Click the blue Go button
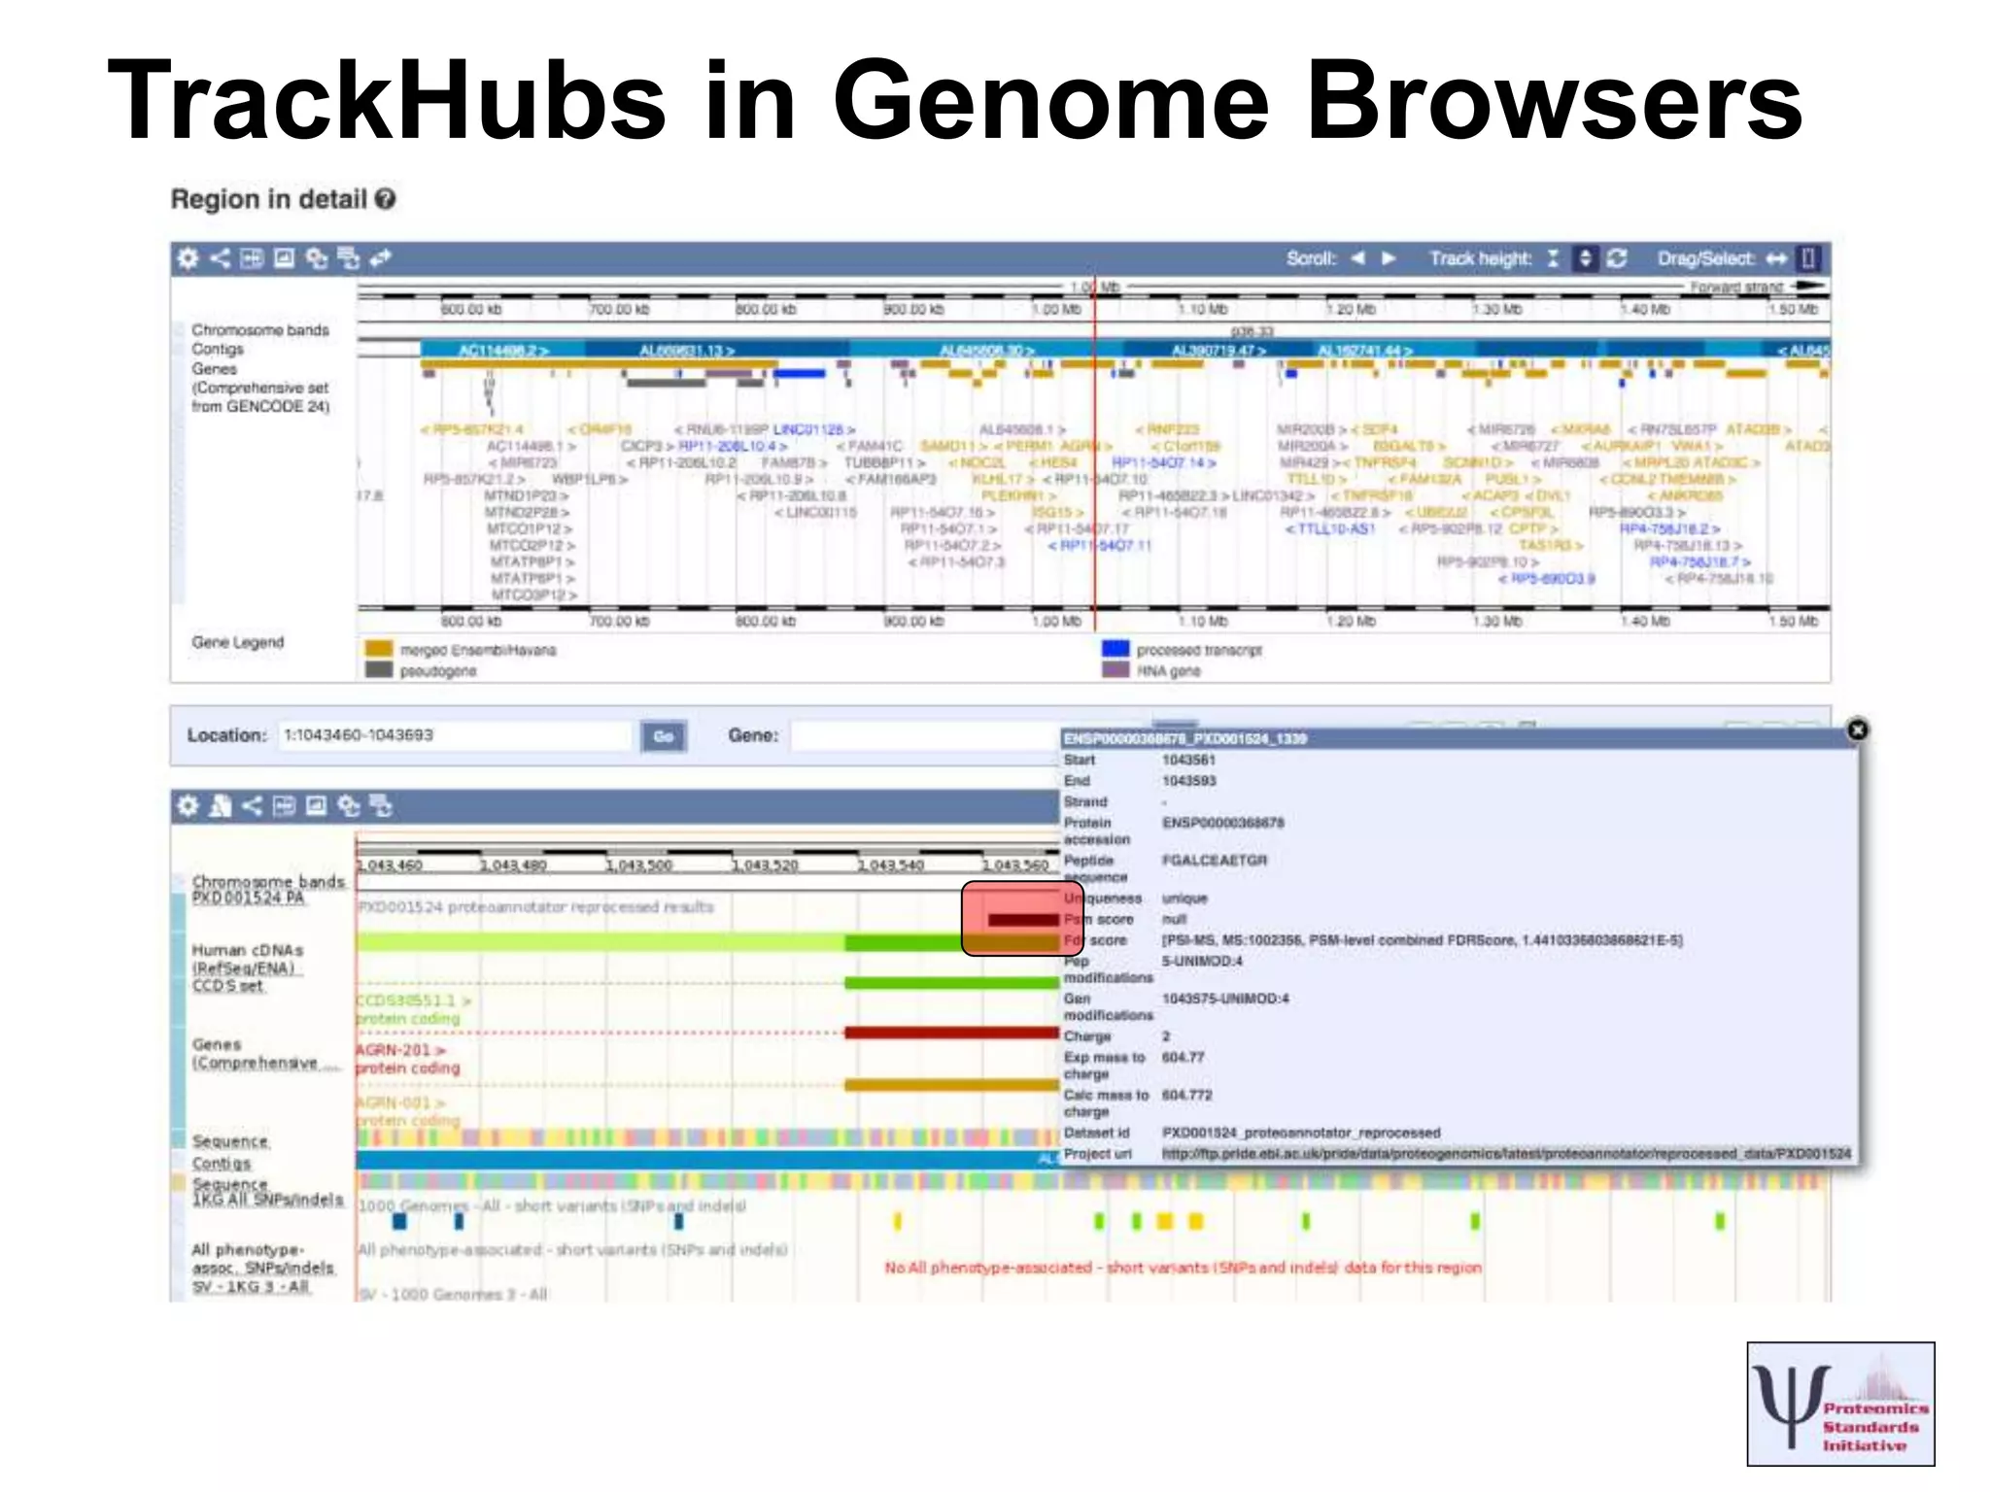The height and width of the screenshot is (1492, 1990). tap(664, 736)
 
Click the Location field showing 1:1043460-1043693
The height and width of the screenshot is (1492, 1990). tap(453, 735)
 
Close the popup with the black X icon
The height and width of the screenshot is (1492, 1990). tap(1857, 729)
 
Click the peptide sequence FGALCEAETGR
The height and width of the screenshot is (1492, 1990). tap(1215, 861)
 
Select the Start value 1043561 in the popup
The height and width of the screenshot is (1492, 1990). tap(1188, 760)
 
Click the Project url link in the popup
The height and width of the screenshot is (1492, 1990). tap(1506, 1154)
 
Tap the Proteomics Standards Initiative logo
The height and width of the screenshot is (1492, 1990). tap(1840, 1404)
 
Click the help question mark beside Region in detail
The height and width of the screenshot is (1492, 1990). tap(386, 199)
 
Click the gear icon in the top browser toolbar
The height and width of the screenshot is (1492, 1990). tap(188, 258)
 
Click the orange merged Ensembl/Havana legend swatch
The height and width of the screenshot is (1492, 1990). tap(378, 649)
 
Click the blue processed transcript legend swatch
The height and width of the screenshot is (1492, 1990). tap(1115, 649)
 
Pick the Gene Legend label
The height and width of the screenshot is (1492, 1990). tap(238, 642)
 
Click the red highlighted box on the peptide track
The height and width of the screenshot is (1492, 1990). tap(1011, 918)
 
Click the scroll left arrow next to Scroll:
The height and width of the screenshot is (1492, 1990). tap(1358, 258)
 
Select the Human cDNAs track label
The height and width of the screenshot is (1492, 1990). tap(247, 950)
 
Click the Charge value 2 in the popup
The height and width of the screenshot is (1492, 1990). tap(1166, 1036)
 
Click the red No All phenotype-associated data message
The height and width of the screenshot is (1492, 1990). tap(1183, 1268)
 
